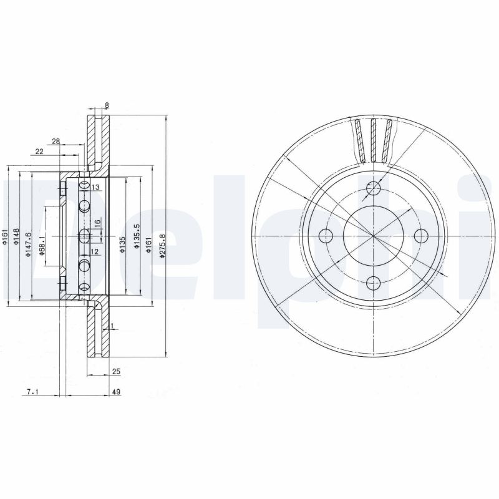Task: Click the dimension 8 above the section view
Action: click(x=107, y=105)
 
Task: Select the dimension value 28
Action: click(x=56, y=142)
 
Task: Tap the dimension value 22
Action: click(x=39, y=152)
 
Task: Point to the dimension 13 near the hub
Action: click(x=96, y=187)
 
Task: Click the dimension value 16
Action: click(x=97, y=223)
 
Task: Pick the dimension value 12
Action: click(x=95, y=251)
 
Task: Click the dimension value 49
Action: click(x=115, y=392)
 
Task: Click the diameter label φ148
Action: click(x=17, y=238)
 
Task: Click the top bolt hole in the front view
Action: click(x=374, y=188)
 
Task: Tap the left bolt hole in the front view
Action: click(x=326, y=236)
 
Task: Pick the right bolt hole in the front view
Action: click(x=421, y=236)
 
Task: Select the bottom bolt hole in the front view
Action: click(x=374, y=283)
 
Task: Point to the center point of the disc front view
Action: click(x=374, y=236)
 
